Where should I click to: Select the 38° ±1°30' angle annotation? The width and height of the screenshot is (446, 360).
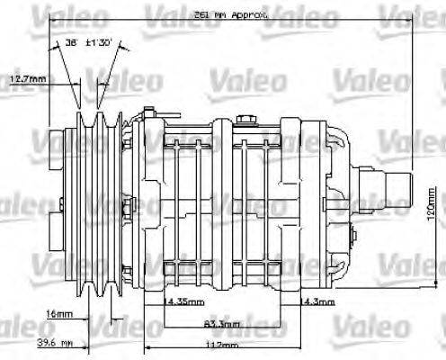pyautogui.click(x=87, y=41)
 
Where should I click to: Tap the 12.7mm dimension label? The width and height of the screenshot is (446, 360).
pyautogui.click(x=27, y=80)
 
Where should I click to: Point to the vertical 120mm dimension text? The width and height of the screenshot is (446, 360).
pyautogui.click(x=432, y=215)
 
